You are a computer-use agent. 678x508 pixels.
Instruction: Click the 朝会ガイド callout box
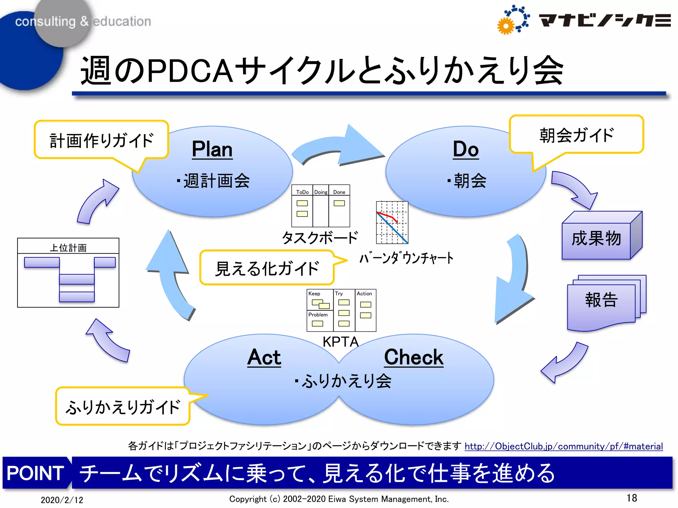coord(576,135)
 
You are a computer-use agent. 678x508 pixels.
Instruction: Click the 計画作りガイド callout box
coord(101,140)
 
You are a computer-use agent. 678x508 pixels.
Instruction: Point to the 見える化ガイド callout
coord(267,268)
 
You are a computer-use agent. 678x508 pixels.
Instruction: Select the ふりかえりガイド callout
coord(123,407)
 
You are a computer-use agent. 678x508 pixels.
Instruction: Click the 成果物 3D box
coord(596,239)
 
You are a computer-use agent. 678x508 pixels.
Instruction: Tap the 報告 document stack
coord(601,301)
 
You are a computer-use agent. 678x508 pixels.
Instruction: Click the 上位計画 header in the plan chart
coord(68,247)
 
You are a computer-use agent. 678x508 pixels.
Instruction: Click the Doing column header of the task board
coord(320,192)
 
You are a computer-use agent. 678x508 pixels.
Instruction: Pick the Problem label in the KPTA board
coord(318,315)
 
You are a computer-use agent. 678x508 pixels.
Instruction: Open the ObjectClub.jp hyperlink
coord(563,446)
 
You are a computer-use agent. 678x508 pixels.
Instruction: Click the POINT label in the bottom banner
coord(35,473)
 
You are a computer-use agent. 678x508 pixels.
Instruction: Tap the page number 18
coord(631,498)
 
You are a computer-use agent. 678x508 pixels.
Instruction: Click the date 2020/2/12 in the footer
coord(62,500)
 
